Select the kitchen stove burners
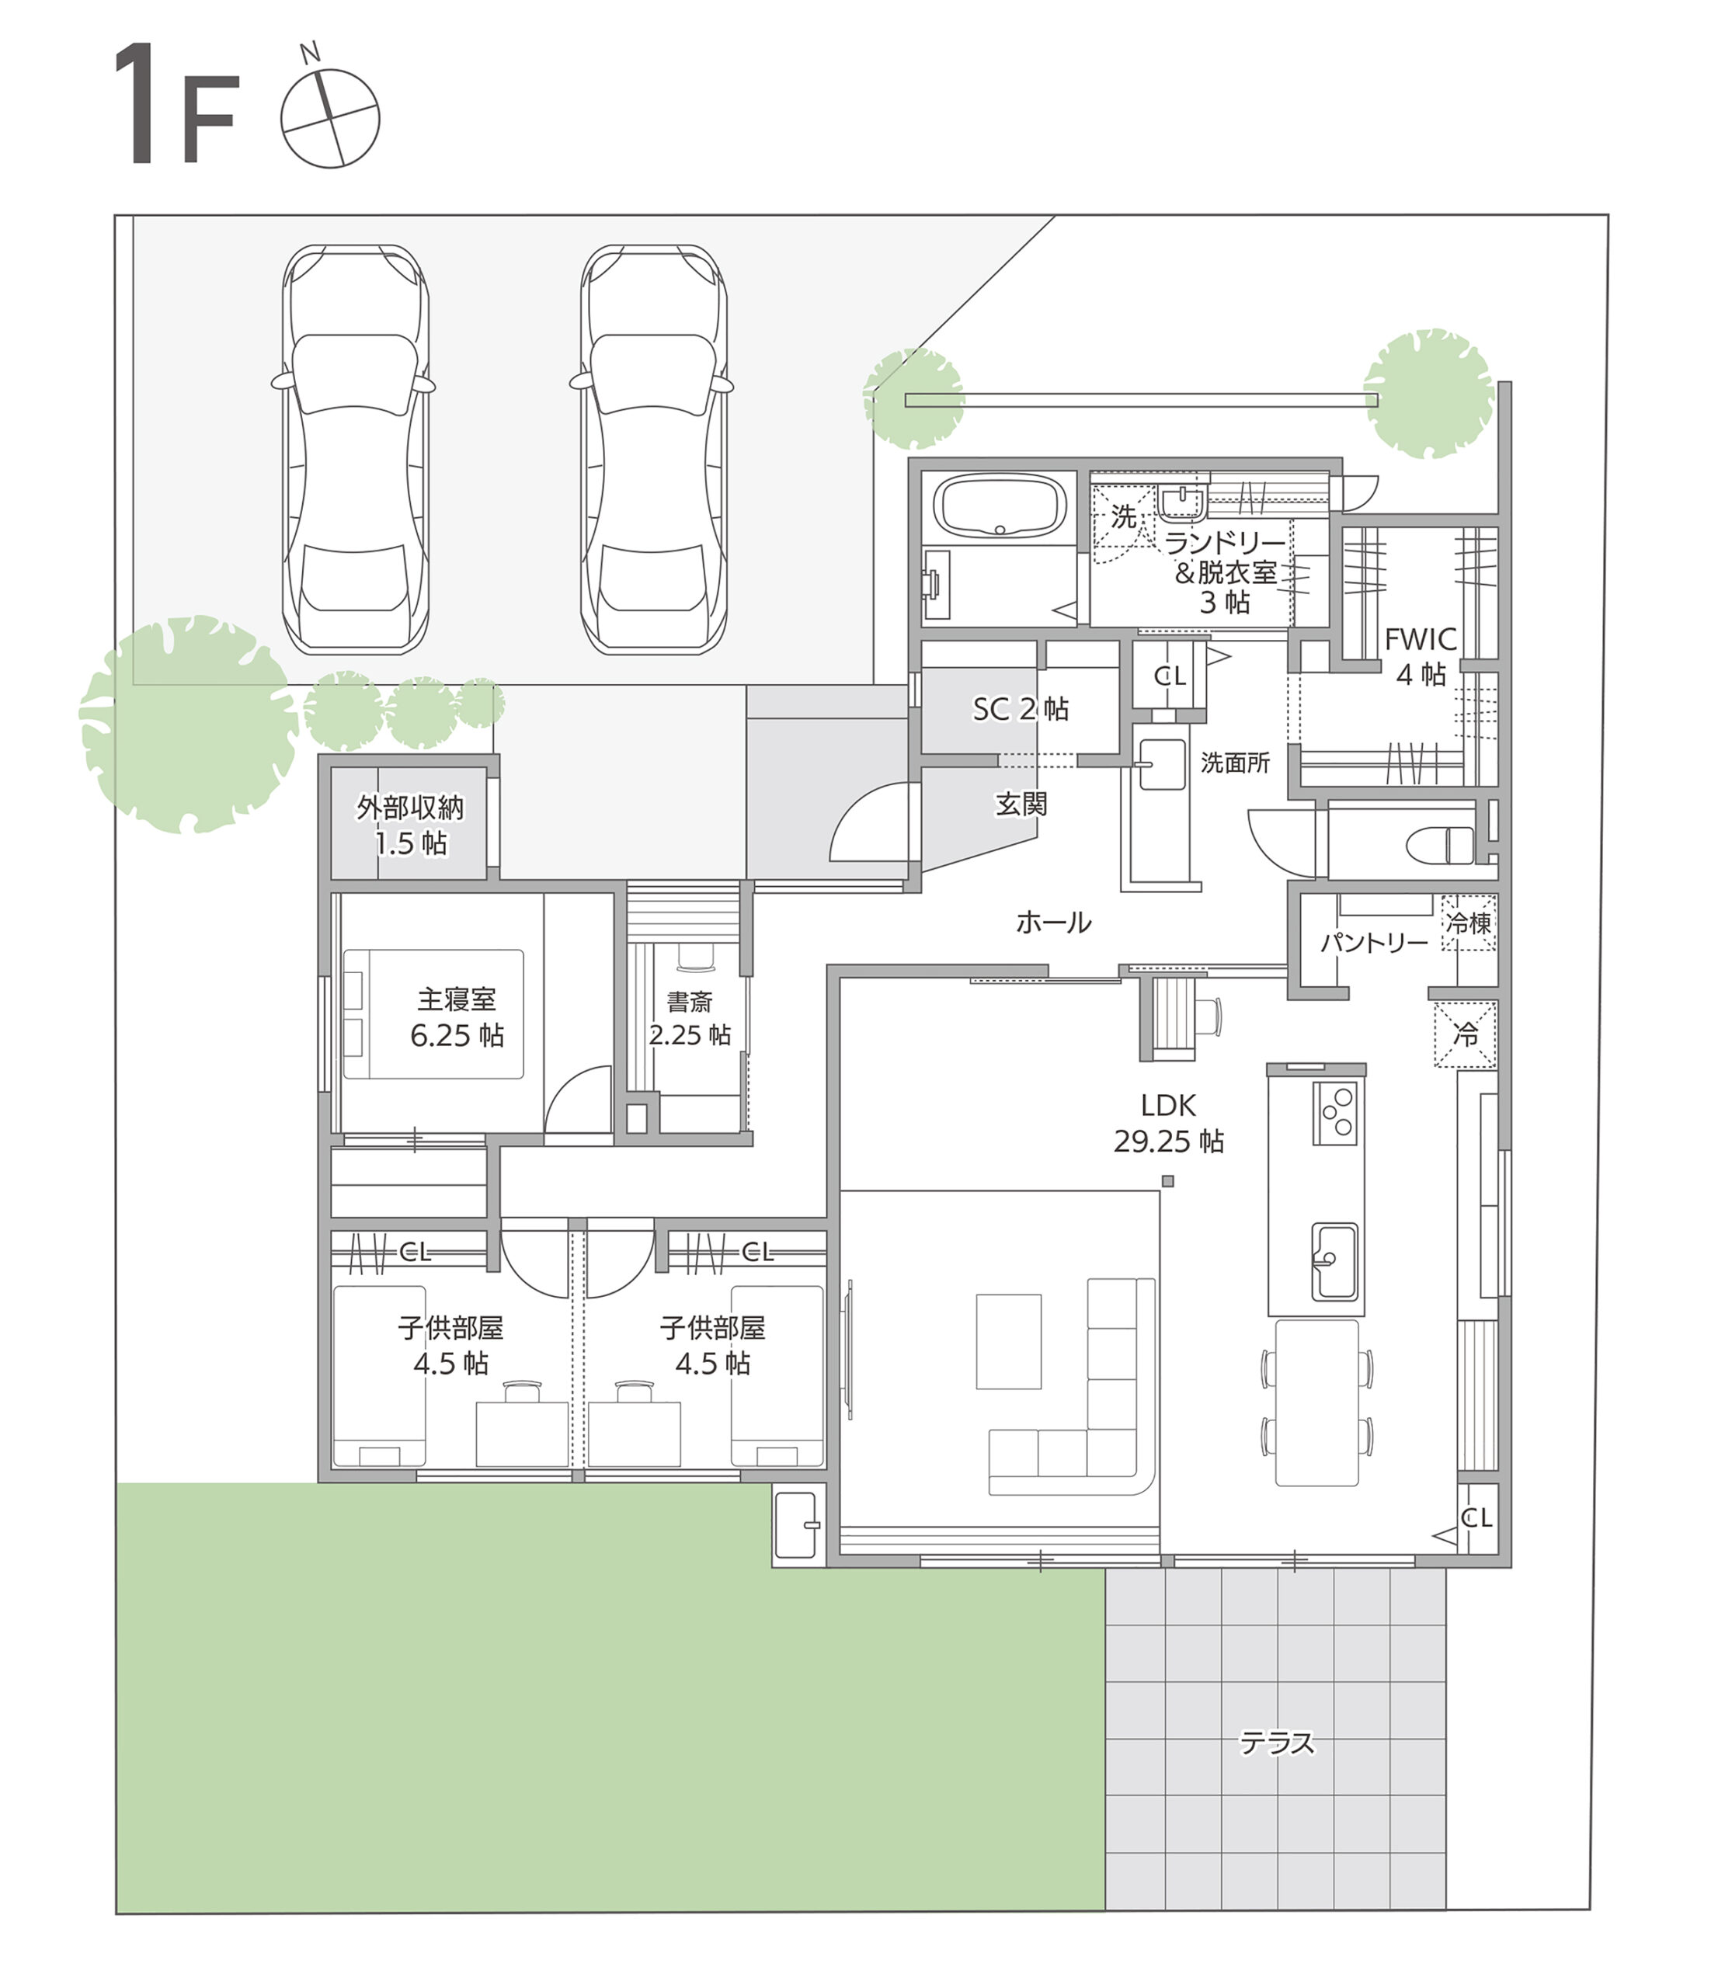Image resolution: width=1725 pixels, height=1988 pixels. click(x=1335, y=1114)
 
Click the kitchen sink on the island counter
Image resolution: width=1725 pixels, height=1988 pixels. click(x=1334, y=1261)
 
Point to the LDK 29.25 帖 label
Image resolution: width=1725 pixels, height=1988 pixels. click(x=1169, y=1124)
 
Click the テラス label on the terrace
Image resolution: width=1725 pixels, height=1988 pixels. click(x=1276, y=1743)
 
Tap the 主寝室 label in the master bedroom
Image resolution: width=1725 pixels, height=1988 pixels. click(x=457, y=999)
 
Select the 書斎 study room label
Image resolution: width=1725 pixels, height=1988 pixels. click(x=689, y=1002)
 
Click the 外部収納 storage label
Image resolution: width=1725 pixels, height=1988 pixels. click(x=410, y=808)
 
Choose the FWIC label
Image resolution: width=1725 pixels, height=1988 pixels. click(x=1420, y=639)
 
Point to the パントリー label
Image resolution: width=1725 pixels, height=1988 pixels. click(x=1374, y=942)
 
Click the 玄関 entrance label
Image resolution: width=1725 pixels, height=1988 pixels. click(x=1021, y=804)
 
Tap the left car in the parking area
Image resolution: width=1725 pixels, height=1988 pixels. click(x=354, y=450)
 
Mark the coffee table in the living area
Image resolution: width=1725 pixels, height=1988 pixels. click(x=1009, y=1341)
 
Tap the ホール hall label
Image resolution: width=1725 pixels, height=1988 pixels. click(x=1053, y=923)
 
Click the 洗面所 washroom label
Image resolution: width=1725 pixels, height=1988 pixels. click(x=1235, y=763)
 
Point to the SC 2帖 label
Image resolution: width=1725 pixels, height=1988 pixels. click(x=1021, y=709)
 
